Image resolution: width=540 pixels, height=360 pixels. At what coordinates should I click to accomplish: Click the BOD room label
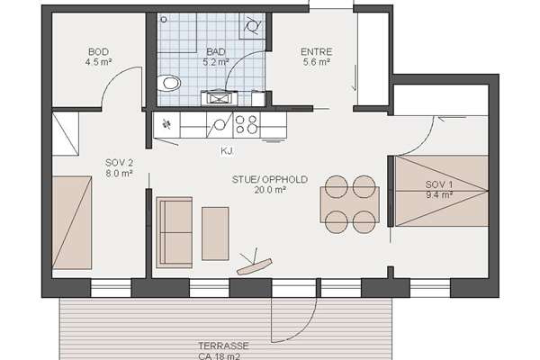[98, 52]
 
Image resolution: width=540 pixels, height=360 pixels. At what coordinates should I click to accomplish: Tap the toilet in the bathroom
[169, 83]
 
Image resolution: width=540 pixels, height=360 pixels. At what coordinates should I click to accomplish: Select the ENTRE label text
[317, 52]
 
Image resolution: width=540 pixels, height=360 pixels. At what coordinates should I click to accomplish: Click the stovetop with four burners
[247, 124]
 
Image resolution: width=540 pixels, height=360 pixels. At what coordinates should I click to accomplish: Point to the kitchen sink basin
[220, 124]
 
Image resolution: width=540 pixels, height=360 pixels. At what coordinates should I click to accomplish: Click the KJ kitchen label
[228, 151]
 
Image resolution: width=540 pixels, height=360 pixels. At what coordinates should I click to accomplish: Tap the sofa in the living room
[175, 232]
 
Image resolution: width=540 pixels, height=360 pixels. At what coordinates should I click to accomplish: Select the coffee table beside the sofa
[215, 234]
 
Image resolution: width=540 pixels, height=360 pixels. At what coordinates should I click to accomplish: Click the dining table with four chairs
[350, 204]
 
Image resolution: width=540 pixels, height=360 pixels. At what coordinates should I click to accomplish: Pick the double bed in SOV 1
[442, 191]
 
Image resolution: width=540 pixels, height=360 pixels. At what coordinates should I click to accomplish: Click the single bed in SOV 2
[72, 223]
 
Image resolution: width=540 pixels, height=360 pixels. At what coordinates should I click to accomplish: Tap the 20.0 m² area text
[270, 190]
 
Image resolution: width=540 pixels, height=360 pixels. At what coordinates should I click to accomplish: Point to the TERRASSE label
[223, 346]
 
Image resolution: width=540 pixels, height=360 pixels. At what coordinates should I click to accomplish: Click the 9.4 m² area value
[439, 195]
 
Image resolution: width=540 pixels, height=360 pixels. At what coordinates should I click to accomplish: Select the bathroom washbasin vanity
[219, 98]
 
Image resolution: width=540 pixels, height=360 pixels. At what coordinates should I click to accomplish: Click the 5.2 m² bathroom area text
[216, 62]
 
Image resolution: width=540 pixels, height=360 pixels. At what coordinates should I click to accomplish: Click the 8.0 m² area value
[119, 174]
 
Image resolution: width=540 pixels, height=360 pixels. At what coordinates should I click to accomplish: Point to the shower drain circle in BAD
[164, 20]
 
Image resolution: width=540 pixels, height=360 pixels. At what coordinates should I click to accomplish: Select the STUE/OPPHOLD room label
[270, 179]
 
